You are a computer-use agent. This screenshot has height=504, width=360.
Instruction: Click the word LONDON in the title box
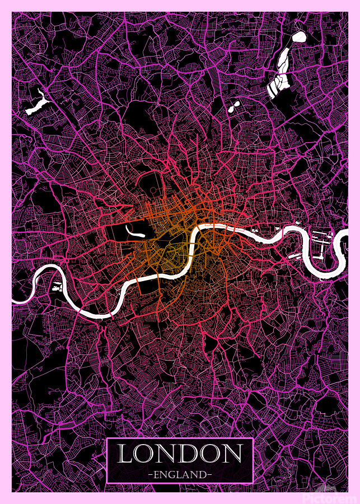point(180,454)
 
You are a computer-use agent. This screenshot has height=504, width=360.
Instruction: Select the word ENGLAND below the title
point(180,474)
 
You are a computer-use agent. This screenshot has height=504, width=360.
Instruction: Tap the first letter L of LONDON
point(127,454)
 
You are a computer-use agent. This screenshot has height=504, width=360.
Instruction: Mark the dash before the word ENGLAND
point(151,474)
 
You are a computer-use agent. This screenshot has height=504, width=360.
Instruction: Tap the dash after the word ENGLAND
point(210,474)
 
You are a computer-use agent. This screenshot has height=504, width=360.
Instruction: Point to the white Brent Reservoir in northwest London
point(36,104)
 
